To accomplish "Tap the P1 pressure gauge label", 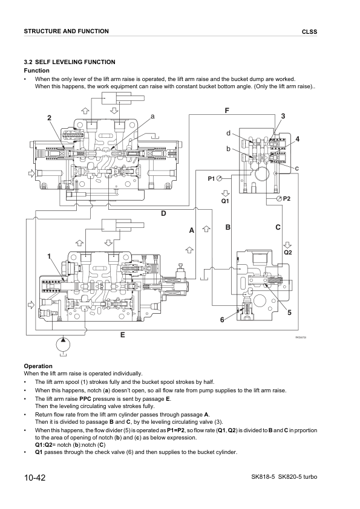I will pyautogui.click(x=211, y=178).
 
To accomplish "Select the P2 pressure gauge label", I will pyautogui.click(x=287, y=199).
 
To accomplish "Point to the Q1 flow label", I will pyautogui.click(x=224, y=200).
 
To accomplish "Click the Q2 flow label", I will pyautogui.click(x=288, y=251).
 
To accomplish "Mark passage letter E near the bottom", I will pyautogui.click(x=122, y=334).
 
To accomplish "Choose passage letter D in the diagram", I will pyautogui.click(x=163, y=213).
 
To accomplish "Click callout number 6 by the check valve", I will pyautogui.click(x=222, y=319).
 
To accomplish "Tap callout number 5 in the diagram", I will pyautogui.click(x=289, y=312).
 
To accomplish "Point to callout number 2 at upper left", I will pyautogui.click(x=50, y=117).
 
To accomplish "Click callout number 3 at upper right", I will pyautogui.click(x=283, y=115).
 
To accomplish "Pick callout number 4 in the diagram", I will pyautogui.click(x=298, y=139).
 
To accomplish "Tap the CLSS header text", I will pyautogui.click(x=309, y=32).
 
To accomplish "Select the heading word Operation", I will pyautogui.click(x=38, y=366).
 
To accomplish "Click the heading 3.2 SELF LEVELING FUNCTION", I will pyautogui.click(x=69, y=62).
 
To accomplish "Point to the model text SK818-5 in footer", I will pyautogui.click(x=266, y=478).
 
